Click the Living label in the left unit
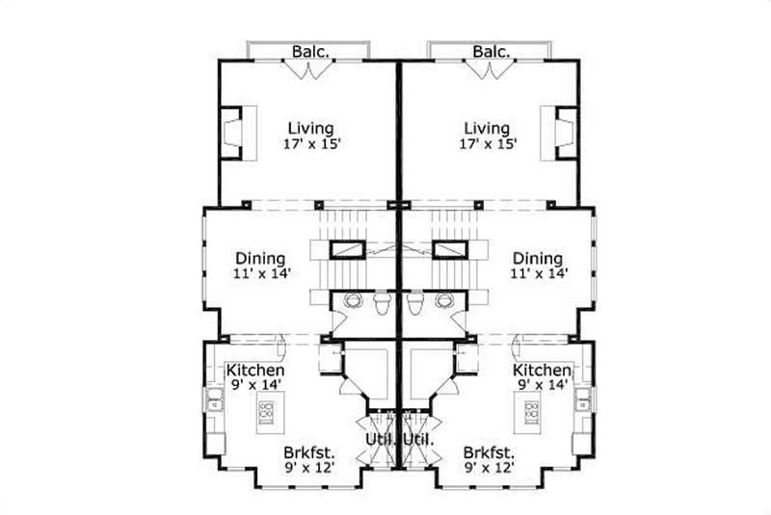tap(310, 128)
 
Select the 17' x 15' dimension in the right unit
tap(487, 144)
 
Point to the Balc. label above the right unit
tap(491, 51)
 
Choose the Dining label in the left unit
tap(260, 258)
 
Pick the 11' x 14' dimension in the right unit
tap(537, 273)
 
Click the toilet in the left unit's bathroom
tap(383, 303)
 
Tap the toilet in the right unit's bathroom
tap(415, 303)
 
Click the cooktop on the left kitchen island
tap(266, 415)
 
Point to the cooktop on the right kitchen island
tap(532, 415)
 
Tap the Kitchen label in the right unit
tap(543, 371)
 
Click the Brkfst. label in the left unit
tap(308, 451)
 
